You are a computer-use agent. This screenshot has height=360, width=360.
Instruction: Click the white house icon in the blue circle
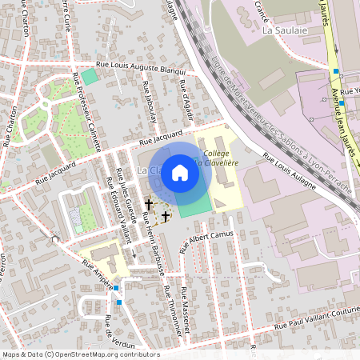click(x=180, y=172)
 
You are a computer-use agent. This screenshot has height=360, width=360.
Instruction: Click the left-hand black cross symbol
click(x=148, y=205)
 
